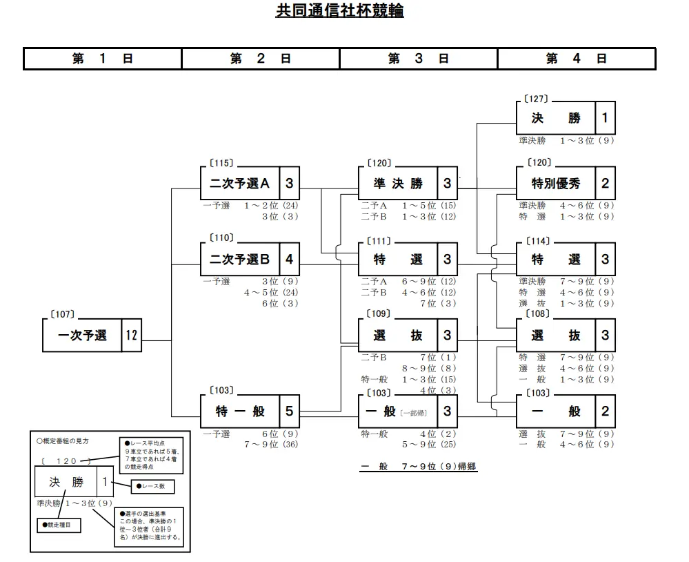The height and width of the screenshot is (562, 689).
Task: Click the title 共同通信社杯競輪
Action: (x=339, y=12)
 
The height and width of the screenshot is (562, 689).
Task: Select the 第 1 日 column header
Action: (x=102, y=59)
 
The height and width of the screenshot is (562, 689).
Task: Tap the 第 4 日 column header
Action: (x=576, y=59)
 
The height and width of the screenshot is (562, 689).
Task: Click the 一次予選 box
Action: (x=82, y=336)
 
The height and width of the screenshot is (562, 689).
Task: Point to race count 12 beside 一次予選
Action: (x=131, y=336)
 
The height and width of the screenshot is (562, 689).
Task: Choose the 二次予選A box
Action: (x=240, y=184)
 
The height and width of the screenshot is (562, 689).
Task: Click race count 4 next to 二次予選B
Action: (x=289, y=260)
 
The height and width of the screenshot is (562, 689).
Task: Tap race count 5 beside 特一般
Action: (x=289, y=411)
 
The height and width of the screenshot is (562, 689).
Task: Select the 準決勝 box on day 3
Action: (x=398, y=184)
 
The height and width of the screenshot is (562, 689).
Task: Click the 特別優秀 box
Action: (x=556, y=184)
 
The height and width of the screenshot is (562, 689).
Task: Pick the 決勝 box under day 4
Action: (x=556, y=118)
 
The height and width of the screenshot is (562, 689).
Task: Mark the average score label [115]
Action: (x=221, y=164)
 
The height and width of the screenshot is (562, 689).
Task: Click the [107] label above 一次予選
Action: (x=62, y=315)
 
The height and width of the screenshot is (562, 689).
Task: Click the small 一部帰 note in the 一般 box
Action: (x=414, y=412)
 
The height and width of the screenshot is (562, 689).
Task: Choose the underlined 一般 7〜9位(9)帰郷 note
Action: (x=418, y=467)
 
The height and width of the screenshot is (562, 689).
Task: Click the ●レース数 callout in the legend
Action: (x=152, y=487)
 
